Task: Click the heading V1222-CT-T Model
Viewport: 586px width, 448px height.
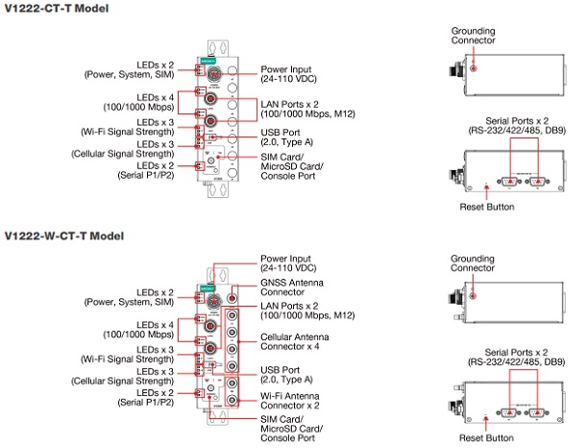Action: pos(56,9)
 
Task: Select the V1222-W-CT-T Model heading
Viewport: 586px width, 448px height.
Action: pos(63,235)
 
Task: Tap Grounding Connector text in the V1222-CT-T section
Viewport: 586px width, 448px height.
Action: pos(474,36)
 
